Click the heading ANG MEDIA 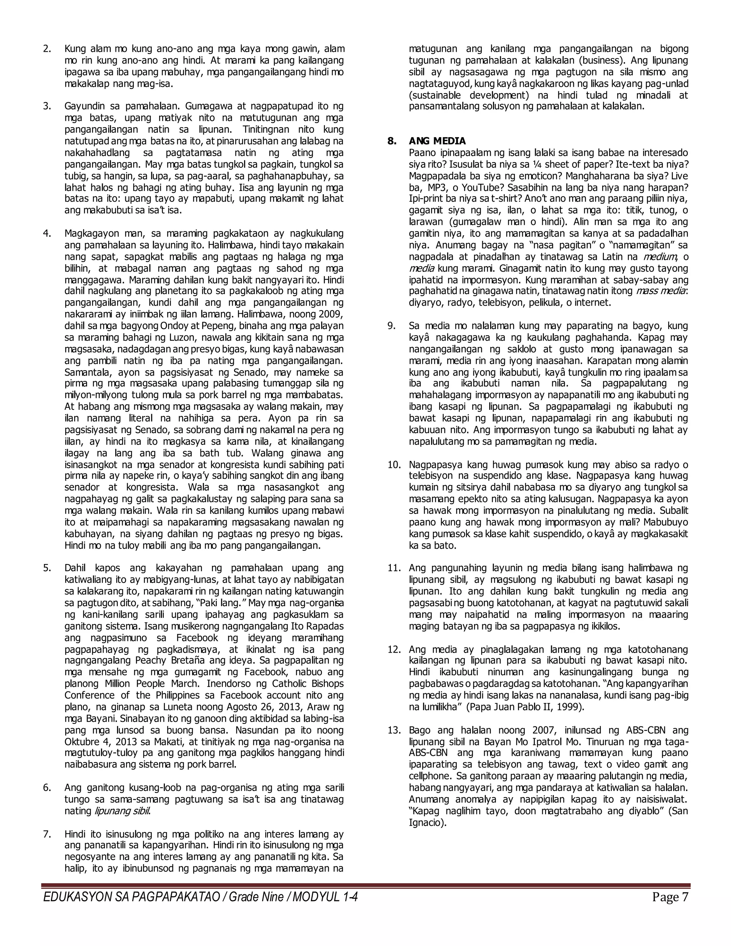[437, 141]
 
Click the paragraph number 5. [47, 568]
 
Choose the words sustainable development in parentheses [469, 95]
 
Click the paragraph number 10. [394, 465]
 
